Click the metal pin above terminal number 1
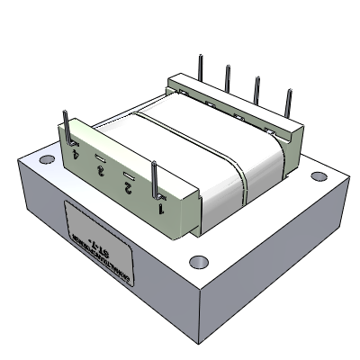click(156, 177)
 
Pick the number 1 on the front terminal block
click(161, 208)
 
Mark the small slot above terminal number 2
click(129, 175)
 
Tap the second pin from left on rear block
click(229, 76)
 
